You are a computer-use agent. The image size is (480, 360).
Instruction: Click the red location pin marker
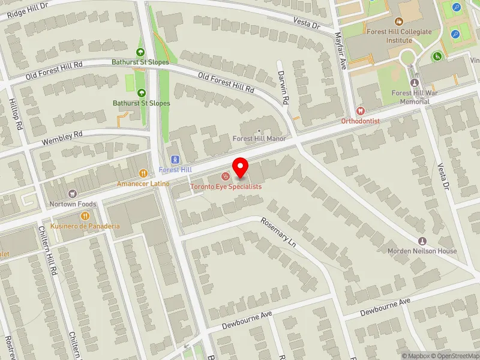tap(241, 167)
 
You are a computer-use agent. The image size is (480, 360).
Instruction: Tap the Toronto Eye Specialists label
tap(226, 187)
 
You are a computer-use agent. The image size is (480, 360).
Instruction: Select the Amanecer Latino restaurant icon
tap(143, 173)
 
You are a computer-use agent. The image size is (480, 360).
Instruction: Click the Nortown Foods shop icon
tap(73, 193)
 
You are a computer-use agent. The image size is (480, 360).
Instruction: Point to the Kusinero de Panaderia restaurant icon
tap(86, 215)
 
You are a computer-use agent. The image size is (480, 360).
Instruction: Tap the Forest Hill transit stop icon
tap(175, 160)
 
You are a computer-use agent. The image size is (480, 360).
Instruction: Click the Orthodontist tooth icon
tap(360, 110)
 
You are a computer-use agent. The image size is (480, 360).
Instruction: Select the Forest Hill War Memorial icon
tap(414, 82)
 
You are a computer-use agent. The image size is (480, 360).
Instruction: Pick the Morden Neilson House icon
tap(422, 240)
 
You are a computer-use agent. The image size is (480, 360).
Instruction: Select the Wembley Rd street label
tap(61, 139)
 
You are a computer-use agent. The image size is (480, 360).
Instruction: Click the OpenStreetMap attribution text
tap(454, 356)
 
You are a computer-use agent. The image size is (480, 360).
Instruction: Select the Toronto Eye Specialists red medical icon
tap(226, 176)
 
